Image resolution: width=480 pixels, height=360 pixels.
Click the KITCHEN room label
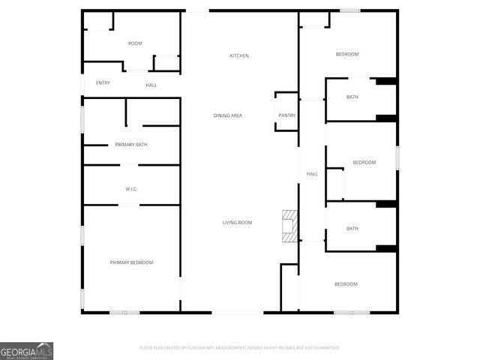click(239, 56)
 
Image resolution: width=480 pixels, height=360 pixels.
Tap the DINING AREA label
click(227, 115)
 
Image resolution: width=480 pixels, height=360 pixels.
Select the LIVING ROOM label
click(237, 223)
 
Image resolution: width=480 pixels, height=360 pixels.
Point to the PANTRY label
click(286, 115)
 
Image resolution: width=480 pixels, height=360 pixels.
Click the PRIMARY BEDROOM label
click(131, 262)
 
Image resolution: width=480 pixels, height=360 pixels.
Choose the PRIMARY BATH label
click(131, 145)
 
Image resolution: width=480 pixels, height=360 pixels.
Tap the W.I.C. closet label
click(131, 189)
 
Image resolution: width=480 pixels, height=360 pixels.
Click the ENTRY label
click(103, 83)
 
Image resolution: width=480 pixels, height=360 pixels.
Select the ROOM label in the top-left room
click(135, 43)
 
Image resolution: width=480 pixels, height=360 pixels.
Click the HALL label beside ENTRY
click(151, 85)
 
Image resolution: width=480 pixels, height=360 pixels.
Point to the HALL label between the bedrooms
click(312, 174)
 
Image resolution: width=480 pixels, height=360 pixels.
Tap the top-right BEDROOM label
click(347, 54)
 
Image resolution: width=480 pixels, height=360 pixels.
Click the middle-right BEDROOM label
click(364, 163)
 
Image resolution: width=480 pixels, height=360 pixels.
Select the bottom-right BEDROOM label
click(346, 284)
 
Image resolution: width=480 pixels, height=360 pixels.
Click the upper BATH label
click(352, 97)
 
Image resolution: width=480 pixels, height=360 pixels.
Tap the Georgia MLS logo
click(27, 351)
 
